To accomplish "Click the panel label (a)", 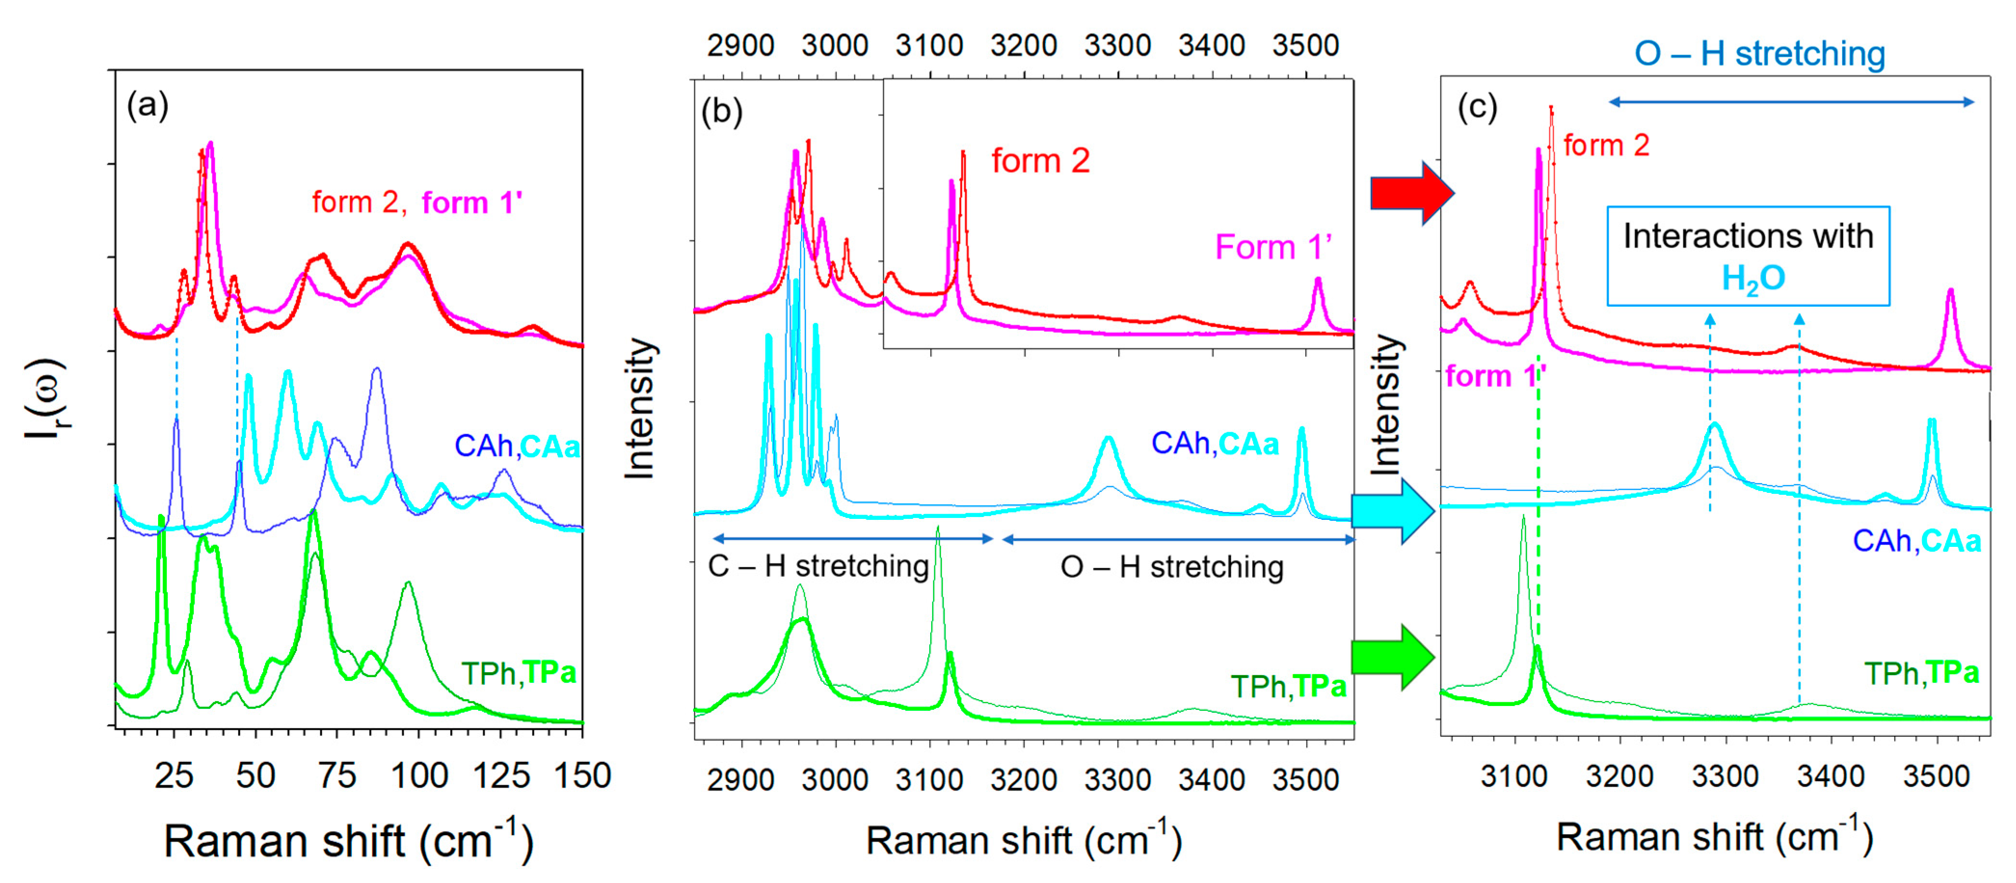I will coord(147,105).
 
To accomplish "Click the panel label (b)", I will coord(721,112).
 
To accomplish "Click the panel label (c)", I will coord(1477,107).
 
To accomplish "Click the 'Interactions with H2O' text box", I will coord(1748,256).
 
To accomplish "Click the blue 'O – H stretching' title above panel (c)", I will coord(1759,54).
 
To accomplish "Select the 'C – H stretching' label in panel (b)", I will coord(818,566).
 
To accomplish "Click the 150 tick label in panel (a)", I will coord(582,776).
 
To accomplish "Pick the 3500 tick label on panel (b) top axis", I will coord(1305,45).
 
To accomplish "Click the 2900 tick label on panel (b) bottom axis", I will coord(740,780).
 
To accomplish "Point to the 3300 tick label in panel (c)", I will coord(1724,776).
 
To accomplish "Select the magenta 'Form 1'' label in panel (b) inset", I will coord(1272,247).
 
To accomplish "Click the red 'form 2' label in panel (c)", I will coord(1606,146).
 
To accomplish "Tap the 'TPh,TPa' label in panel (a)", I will coord(518,672).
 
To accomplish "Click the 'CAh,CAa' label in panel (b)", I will coord(1215,444).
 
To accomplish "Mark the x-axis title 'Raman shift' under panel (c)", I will coord(1714,838).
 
